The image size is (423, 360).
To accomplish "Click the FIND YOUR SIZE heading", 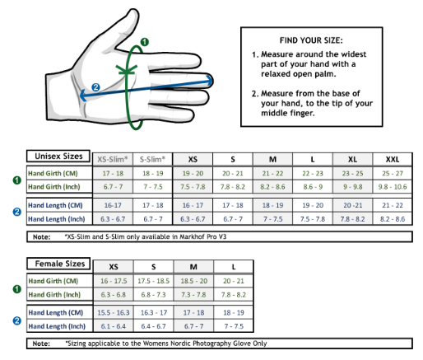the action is [311, 40].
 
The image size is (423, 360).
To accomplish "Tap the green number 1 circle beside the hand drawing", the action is [145, 42].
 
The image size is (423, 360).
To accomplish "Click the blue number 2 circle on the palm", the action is [95, 87].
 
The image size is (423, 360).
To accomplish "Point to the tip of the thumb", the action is [134, 11].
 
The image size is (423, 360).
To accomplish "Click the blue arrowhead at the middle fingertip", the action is [210, 80].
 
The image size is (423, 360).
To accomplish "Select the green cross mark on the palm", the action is [126, 70].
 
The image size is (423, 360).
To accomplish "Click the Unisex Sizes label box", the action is [58, 157].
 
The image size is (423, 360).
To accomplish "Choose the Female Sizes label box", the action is [58, 264].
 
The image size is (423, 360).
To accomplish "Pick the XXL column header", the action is [393, 159].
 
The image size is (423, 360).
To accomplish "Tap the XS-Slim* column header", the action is [113, 159].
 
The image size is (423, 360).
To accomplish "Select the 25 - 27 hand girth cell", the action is [393, 173].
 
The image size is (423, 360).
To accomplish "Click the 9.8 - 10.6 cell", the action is [393, 187].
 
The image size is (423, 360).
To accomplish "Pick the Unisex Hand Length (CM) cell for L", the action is [313, 205].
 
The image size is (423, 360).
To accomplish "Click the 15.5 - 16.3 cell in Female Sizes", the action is [114, 312].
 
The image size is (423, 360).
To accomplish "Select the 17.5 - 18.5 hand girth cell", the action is [153, 281].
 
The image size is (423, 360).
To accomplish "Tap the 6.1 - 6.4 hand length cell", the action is [114, 326].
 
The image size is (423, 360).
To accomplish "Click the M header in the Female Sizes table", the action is [193, 267].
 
